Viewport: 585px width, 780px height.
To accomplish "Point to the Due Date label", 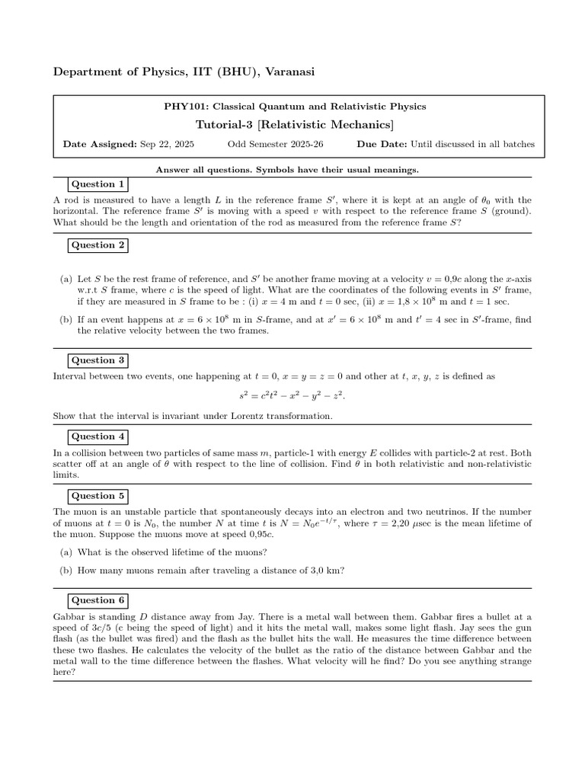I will [x=382, y=144].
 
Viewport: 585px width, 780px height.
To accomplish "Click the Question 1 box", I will [x=97, y=184].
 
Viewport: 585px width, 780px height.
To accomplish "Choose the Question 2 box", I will [x=97, y=245].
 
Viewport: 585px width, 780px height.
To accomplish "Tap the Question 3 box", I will [x=97, y=360].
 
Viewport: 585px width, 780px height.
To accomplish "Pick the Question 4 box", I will [x=97, y=436].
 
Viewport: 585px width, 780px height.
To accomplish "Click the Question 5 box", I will [x=97, y=496].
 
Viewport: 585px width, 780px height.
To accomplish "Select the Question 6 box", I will [x=97, y=600].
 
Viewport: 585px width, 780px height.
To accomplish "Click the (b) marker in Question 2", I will [x=66, y=320].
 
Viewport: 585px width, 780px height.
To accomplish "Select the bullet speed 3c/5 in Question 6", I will [x=80, y=628].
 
